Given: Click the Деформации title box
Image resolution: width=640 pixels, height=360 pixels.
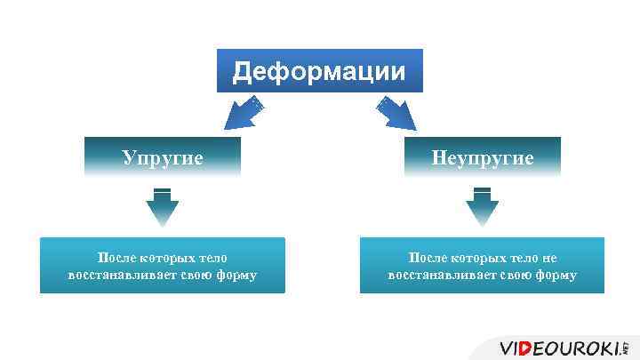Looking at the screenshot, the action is pos(320,71).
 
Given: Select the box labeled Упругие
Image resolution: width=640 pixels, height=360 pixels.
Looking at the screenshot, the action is pos(163,158).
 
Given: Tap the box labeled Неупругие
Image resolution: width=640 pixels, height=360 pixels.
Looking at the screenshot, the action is pos(483,158).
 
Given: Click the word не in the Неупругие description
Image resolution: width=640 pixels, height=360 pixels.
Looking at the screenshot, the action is pos(548,259).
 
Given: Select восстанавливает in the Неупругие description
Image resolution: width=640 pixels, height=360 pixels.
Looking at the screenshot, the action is pos(436,276).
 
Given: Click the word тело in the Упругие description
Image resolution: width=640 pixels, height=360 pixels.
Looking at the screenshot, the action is pos(212,259).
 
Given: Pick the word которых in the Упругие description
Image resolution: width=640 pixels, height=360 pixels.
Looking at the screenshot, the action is pos(160,259).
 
